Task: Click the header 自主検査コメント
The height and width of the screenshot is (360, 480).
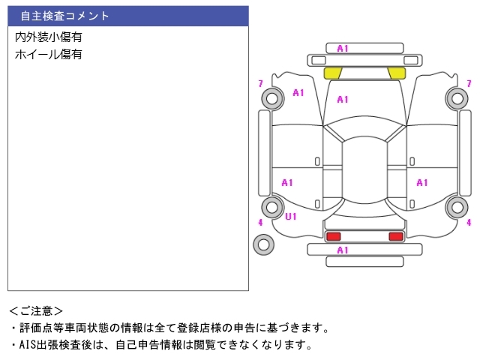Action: [65, 16]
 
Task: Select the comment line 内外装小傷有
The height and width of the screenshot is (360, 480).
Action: [49, 37]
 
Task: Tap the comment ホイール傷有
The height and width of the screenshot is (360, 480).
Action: [49, 54]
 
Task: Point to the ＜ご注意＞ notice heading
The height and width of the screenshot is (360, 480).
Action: [36, 310]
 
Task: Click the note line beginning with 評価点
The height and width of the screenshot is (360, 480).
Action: [169, 328]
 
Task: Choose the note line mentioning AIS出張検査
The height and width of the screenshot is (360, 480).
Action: [160, 345]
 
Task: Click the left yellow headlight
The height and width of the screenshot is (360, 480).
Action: [332, 73]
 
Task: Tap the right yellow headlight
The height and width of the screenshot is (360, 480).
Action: [397, 73]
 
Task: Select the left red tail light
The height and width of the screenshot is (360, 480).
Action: [333, 237]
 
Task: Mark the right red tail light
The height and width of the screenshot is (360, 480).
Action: [395, 237]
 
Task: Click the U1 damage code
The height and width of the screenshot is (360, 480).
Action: [290, 216]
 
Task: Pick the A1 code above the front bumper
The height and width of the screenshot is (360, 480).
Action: [343, 49]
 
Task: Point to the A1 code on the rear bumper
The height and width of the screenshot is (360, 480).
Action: [343, 250]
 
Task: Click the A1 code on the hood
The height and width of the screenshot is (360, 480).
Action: [343, 99]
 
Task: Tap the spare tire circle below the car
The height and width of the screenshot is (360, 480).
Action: [263, 244]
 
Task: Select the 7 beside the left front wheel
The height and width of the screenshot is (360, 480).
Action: [260, 83]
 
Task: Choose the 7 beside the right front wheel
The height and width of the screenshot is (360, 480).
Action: [469, 83]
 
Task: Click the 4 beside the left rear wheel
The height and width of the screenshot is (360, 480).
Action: [260, 222]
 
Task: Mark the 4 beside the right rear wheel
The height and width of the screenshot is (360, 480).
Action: [469, 222]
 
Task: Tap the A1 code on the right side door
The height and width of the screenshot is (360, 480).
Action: [422, 182]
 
